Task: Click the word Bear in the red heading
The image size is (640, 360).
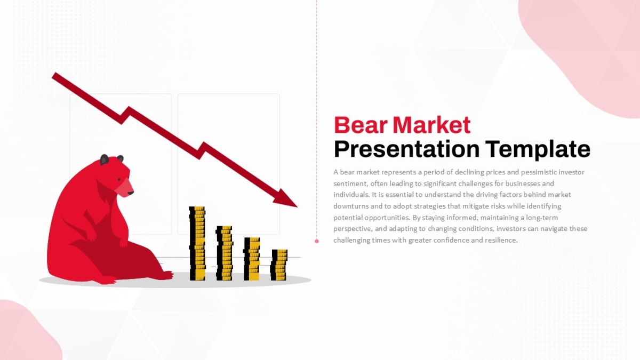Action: (361, 125)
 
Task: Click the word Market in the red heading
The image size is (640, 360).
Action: (431, 125)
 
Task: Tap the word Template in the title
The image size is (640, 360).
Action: (538, 149)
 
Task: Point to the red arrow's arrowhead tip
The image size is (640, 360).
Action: (298, 207)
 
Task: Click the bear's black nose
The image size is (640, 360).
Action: (130, 193)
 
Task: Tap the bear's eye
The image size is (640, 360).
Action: (119, 179)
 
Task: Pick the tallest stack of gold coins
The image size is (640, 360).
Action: (197, 243)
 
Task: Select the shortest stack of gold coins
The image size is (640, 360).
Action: (279, 265)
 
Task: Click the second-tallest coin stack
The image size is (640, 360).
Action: (225, 253)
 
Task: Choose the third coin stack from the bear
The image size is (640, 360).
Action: (252, 259)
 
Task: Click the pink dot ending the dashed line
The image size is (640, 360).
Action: (317, 241)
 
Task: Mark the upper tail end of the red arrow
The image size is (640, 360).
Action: (54, 75)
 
